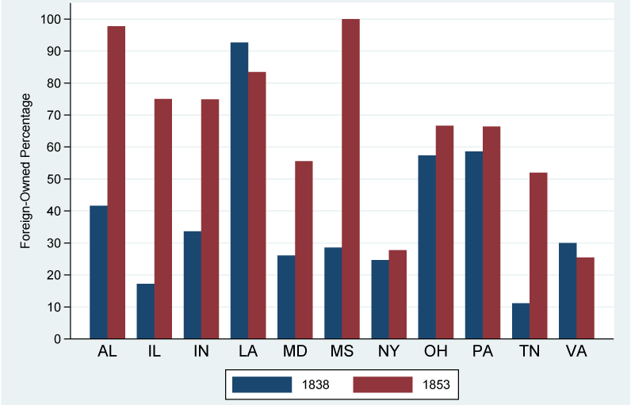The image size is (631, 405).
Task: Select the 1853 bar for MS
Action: [x=350, y=179]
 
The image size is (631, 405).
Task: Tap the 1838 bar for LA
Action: [x=239, y=190]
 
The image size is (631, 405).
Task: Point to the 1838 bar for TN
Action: [x=520, y=321]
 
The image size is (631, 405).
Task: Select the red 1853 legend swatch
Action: [x=383, y=385]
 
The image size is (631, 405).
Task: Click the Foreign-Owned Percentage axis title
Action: [x=26, y=170]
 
